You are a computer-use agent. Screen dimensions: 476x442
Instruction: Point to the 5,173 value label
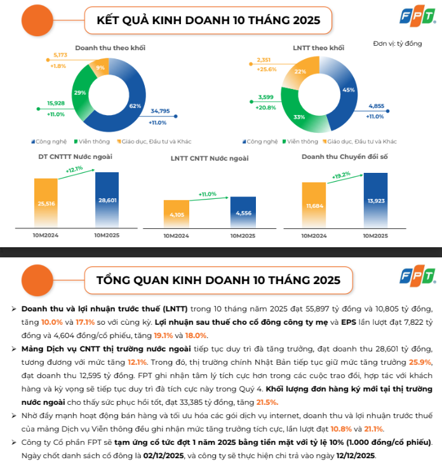coord(60,56)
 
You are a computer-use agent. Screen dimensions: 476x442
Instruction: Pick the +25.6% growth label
coord(267,69)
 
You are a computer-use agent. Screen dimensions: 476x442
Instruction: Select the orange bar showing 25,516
coord(46,203)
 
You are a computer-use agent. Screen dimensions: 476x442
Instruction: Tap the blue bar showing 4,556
coord(244,213)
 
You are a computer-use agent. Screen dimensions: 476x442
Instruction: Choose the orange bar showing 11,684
coord(314,205)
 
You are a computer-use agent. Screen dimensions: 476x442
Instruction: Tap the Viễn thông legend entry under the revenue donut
coord(93,141)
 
